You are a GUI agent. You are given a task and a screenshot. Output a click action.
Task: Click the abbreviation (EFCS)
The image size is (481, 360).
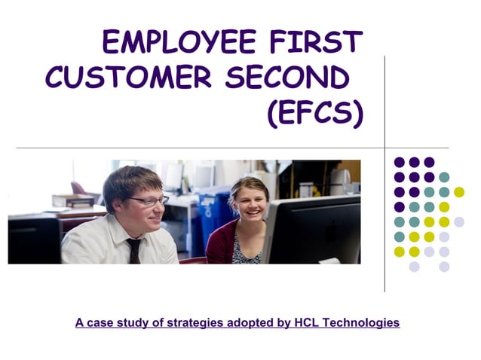(x=315, y=112)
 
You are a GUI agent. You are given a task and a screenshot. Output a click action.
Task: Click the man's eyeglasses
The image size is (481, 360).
(x=149, y=201)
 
